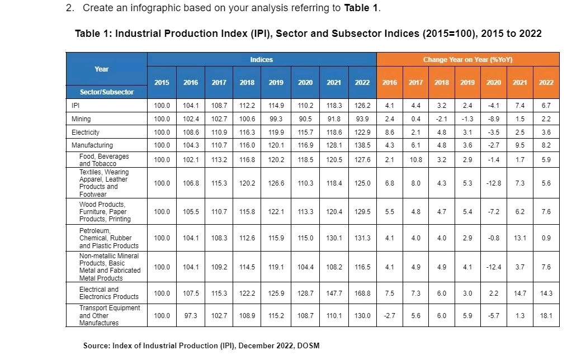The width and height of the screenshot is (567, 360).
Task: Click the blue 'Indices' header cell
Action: pyautogui.click(x=262, y=59)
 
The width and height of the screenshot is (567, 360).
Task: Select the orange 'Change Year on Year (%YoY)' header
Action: pyautogui.click(x=467, y=59)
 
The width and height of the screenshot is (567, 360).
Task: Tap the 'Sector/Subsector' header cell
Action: pyautogui.click(x=106, y=92)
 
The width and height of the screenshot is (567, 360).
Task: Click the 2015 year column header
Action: pyautogui.click(x=162, y=82)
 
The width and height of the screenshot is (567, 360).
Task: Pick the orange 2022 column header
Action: pyautogui.click(x=546, y=82)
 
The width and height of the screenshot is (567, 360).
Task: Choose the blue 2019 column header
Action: pyautogui.click(x=276, y=82)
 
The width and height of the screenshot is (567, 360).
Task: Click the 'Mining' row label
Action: pyautogui.click(x=81, y=119)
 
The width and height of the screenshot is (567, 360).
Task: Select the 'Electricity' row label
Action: pyautogui.click(x=86, y=132)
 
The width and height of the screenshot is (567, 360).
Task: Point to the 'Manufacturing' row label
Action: pyautogui.click(x=92, y=145)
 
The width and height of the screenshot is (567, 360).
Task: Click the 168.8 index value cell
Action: pyautogui.click(x=362, y=293)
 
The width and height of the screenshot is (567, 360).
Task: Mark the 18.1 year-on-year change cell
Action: pyautogui.click(x=546, y=316)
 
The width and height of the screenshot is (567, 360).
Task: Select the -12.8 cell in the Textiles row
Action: pyautogui.click(x=494, y=183)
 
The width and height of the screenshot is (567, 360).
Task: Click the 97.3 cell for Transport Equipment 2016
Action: pyautogui.click(x=191, y=316)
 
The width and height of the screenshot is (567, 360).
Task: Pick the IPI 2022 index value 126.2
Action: pyautogui.click(x=362, y=105)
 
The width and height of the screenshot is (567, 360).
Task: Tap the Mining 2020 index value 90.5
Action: pyautogui.click(x=305, y=119)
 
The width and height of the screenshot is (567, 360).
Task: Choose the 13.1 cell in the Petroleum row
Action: pyautogui.click(x=520, y=238)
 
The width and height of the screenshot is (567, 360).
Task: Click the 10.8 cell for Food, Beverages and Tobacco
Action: pyautogui.click(x=415, y=160)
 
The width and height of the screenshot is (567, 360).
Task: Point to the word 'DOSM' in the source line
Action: pyautogui.click(x=308, y=345)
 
